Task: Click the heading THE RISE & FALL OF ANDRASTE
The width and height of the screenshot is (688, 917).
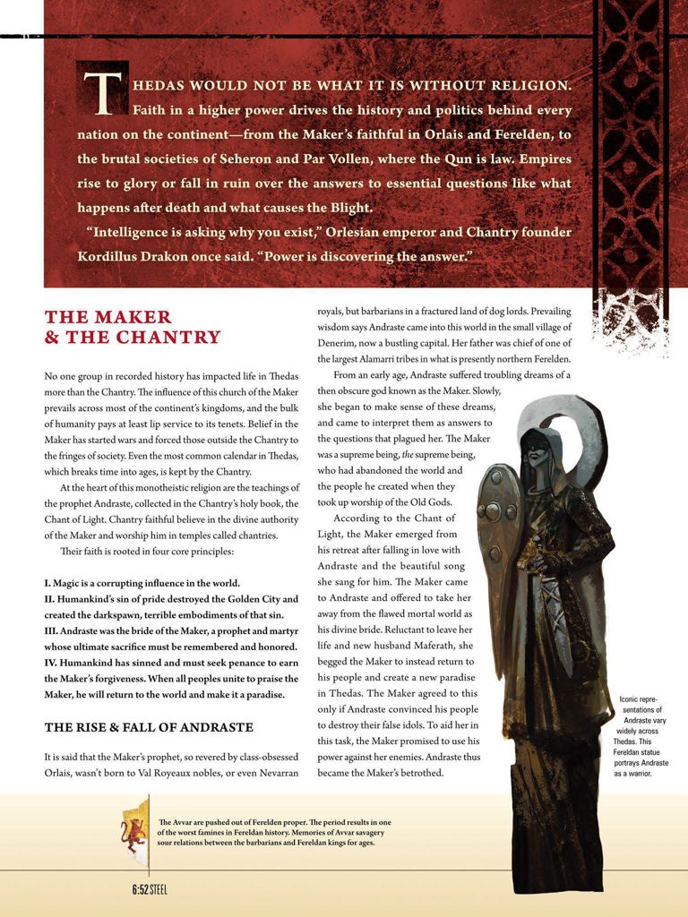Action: [149, 726]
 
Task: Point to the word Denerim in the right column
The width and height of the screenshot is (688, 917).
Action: [340, 343]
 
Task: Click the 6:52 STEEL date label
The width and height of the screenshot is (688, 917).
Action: [150, 889]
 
